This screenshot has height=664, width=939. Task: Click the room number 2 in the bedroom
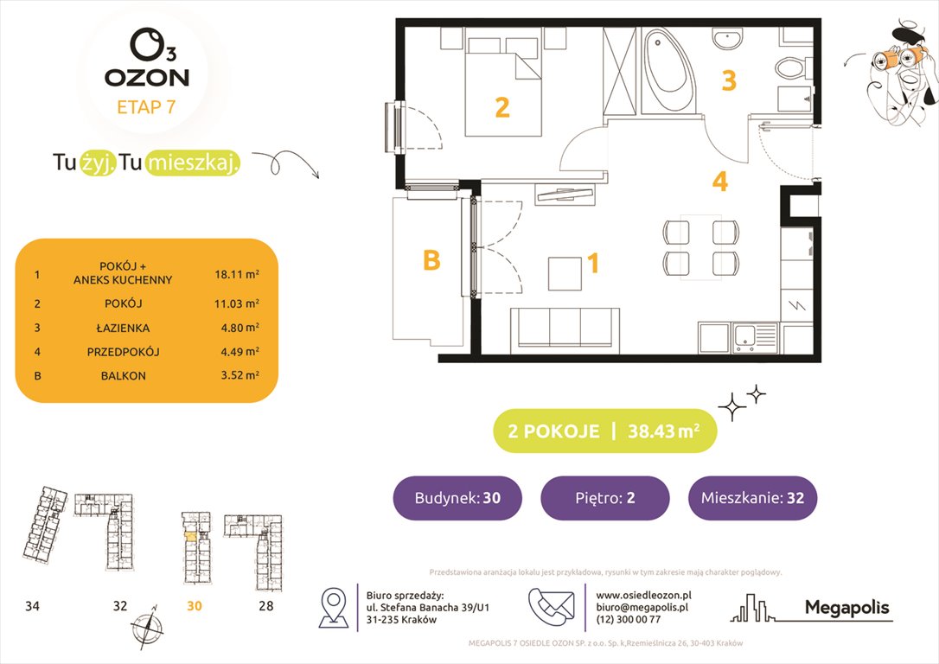tap(501, 108)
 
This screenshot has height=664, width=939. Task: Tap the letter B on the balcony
tap(431, 260)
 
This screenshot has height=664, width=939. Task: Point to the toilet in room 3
tap(790, 68)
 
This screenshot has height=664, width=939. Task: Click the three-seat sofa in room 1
tap(563, 328)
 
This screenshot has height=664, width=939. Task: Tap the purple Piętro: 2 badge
tap(604, 498)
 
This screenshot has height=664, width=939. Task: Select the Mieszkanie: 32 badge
tap(752, 498)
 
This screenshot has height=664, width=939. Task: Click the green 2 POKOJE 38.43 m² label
tap(604, 431)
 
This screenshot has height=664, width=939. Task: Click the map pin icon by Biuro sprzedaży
tap(334, 608)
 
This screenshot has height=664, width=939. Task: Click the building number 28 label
tap(265, 606)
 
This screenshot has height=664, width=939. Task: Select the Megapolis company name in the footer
tap(846, 608)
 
